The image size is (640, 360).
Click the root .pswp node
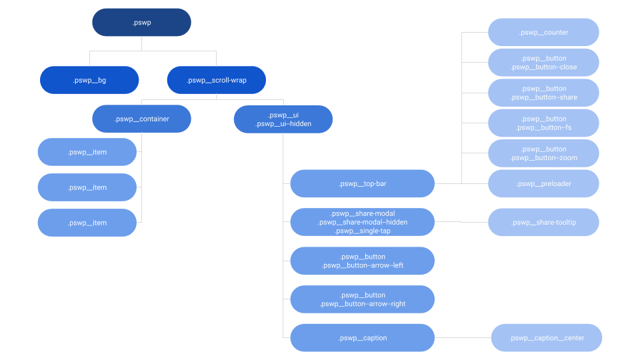click(141, 22)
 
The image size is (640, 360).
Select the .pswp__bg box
click(89, 80)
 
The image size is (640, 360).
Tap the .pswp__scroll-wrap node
click(217, 80)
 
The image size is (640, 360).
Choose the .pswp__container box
click(141, 119)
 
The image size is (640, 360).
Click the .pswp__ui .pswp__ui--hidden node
click(283, 119)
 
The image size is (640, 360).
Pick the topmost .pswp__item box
click(87, 152)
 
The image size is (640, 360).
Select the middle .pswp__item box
click(87, 187)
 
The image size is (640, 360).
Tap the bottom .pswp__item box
click(87, 223)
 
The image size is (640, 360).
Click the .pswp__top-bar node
click(362, 183)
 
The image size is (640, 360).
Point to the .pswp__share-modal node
click(362, 222)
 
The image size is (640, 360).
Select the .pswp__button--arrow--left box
click(362, 261)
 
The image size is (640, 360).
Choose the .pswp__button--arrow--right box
click(362, 299)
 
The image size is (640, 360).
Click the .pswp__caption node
click(362, 338)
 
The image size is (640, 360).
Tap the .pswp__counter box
click(543, 32)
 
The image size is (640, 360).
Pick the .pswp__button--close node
click(543, 63)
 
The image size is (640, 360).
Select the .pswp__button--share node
click(543, 93)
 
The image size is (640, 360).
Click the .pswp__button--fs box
click(543, 123)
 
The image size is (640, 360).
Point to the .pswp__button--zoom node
click(543, 153)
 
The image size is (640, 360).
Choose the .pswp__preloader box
click(543, 183)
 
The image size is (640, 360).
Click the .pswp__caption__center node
click(547, 338)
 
